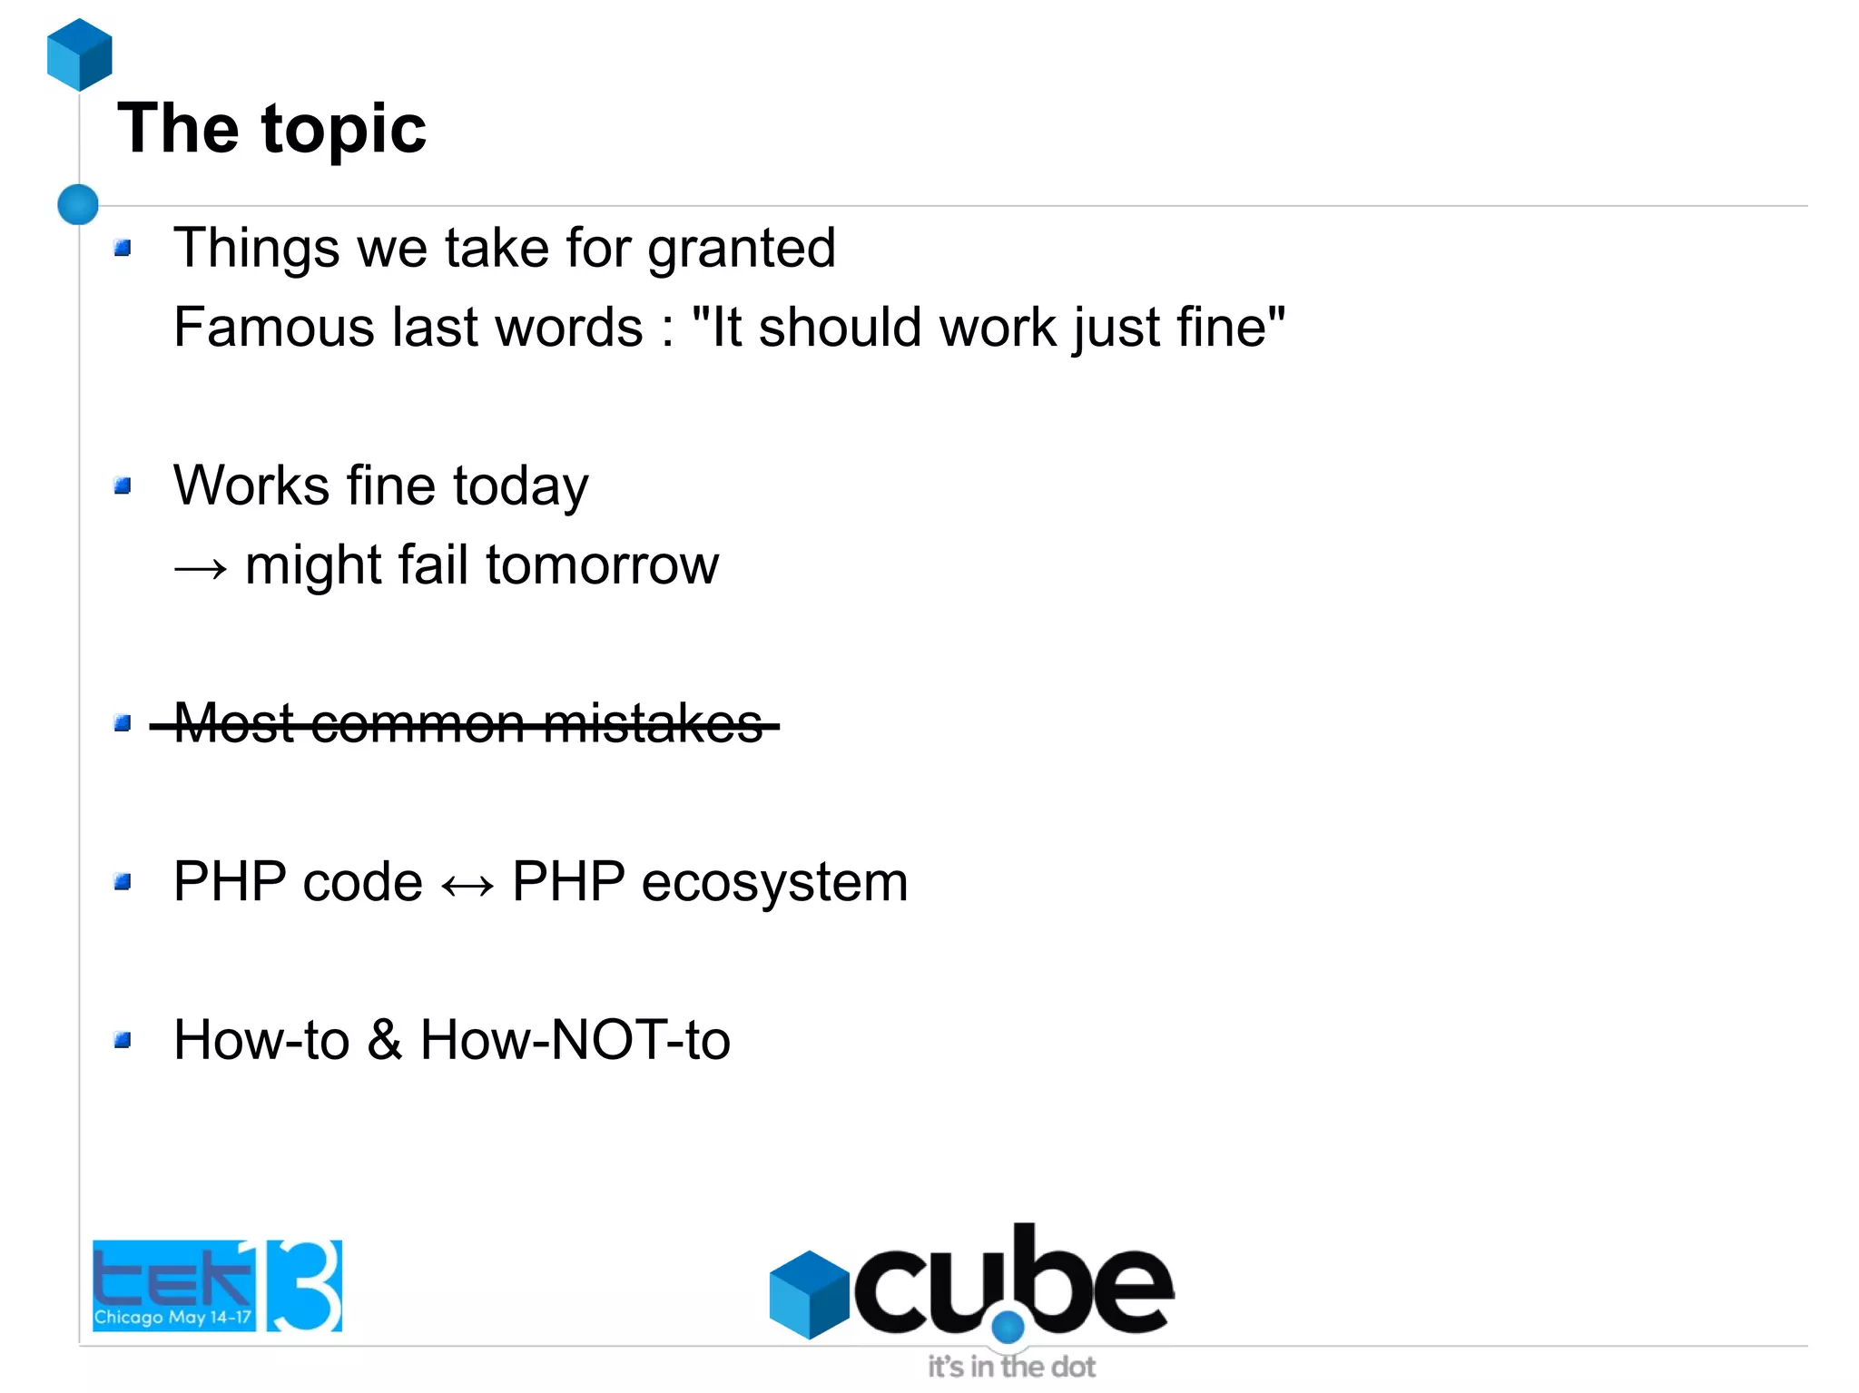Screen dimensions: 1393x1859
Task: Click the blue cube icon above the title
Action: click(79, 54)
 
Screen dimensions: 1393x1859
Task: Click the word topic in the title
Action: click(344, 130)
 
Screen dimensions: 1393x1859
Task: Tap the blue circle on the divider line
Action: click(78, 204)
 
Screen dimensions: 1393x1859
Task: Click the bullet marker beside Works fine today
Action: click(123, 486)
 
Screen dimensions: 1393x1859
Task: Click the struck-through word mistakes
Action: click(654, 724)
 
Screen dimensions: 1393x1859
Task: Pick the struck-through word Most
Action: click(234, 724)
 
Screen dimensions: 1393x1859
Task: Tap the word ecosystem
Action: click(773, 882)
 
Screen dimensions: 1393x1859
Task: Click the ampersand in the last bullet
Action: click(385, 1040)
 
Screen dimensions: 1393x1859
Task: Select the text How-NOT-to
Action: click(575, 1040)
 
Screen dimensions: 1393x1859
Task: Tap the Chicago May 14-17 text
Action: click(172, 1317)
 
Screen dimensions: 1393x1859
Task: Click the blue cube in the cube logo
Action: click(808, 1294)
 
